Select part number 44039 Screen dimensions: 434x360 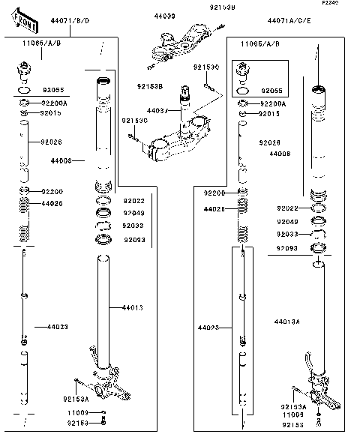click(164, 16)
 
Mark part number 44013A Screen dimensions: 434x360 click(287, 321)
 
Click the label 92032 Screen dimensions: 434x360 click(133, 225)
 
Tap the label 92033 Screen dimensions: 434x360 click(286, 235)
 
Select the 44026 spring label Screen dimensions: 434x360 click(52, 203)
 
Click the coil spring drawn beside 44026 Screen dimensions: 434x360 click(24, 202)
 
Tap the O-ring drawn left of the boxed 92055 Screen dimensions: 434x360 click(242, 91)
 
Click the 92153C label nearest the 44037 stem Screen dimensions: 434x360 click(134, 120)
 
